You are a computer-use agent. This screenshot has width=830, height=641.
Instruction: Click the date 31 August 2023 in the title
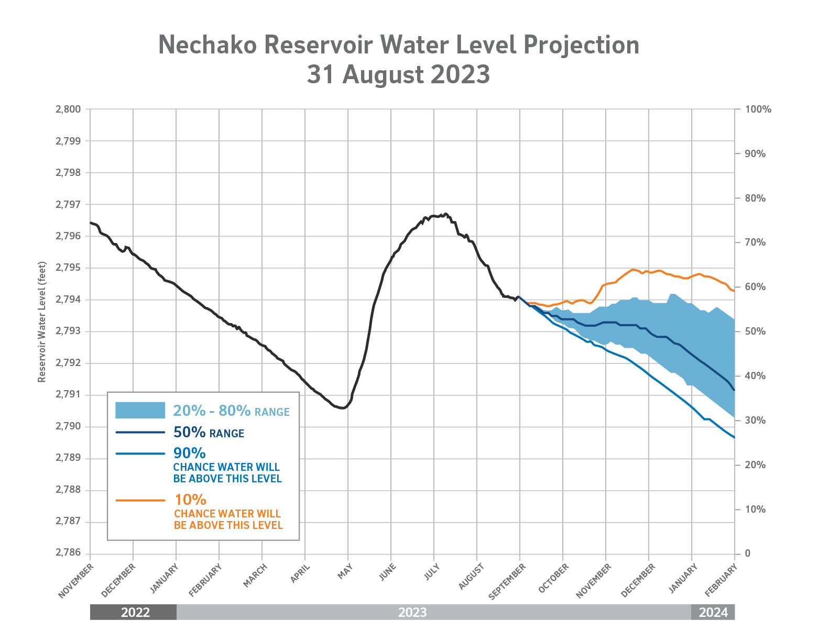tap(398, 74)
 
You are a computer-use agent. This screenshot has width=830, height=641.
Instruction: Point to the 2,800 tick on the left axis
tap(68, 109)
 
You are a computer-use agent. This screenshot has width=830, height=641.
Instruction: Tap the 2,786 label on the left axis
tap(68, 554)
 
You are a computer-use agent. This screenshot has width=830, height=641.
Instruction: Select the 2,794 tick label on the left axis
tap(68, 300)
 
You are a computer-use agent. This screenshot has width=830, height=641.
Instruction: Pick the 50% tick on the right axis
tap(755, 331)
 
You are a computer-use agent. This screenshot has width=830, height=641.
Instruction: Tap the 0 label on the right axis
tap(748, 554)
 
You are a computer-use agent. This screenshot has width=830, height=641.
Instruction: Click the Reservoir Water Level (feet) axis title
tap(42, 322)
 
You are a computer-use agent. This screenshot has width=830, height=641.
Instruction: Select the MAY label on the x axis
tap(345, 571)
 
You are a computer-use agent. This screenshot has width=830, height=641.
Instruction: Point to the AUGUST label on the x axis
tap(471, 577)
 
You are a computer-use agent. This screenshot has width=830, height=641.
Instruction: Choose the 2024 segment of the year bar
tap(713, 612)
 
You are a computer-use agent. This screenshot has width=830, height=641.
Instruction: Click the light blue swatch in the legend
tap(140, 410)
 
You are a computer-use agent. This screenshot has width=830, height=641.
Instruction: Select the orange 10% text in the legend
tap(190, 500)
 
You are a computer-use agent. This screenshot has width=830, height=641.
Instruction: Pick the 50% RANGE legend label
tap(209, 433)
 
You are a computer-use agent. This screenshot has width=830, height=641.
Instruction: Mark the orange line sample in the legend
tap(140, 500)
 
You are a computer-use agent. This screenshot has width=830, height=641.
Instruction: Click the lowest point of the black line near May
tap(342, 408)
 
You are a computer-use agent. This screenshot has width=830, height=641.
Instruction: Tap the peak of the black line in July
tap(446, 214)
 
